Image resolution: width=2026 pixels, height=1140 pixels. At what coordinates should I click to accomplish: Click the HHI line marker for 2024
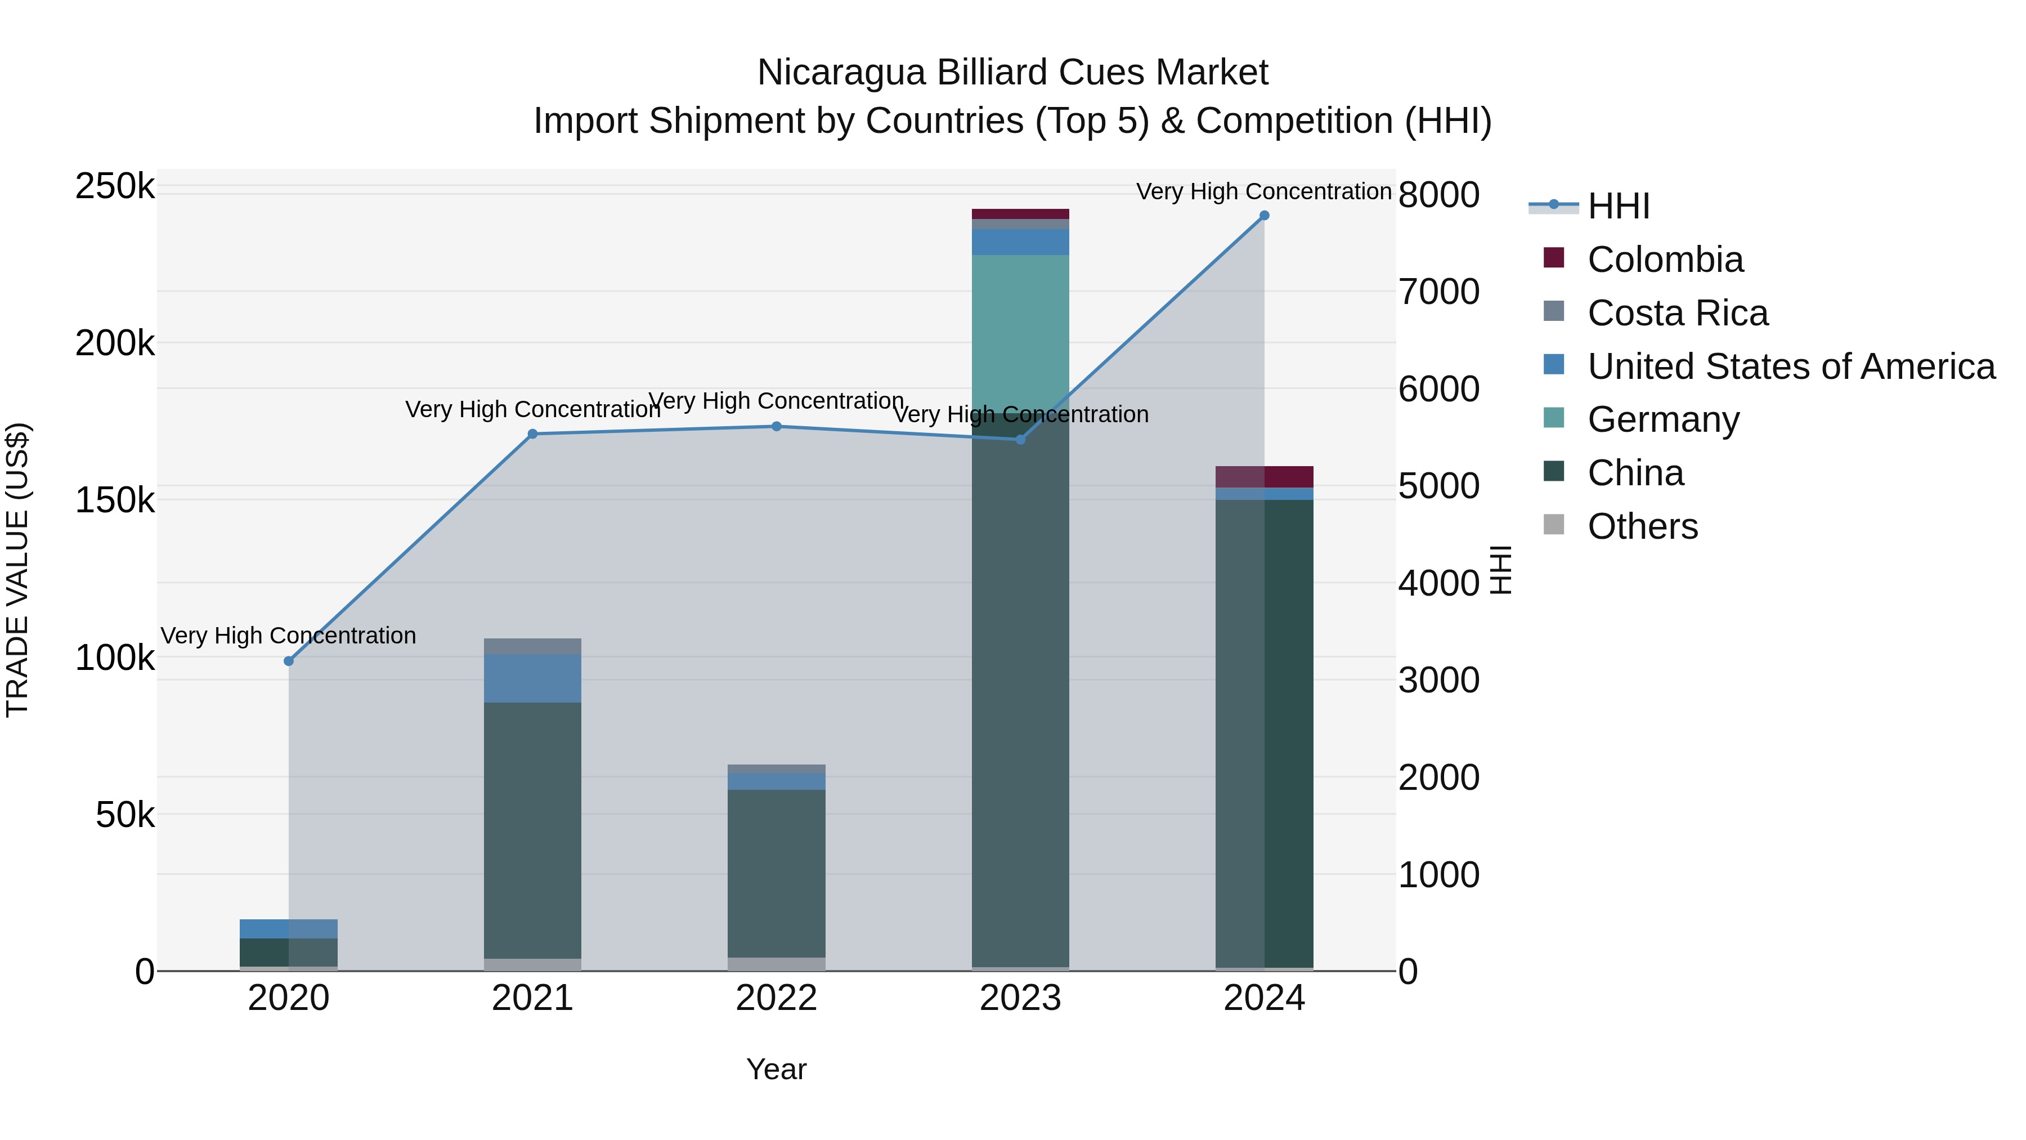click(x=1264, y=216)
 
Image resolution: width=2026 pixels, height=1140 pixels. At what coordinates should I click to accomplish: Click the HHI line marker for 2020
click(x=289, y=661)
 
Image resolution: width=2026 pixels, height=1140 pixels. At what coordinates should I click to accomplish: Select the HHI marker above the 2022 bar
click(x=776, y=426)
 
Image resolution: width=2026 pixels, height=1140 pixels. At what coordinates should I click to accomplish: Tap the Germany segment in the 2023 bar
click(x=1020, y=330)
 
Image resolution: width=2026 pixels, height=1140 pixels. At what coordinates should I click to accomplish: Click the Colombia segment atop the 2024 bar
click(x=1265, y=477)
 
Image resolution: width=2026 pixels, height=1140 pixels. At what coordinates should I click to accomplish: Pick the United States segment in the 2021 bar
click(x=532, y=678)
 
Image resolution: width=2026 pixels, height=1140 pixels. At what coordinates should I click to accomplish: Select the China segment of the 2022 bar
click(x=776, y=873)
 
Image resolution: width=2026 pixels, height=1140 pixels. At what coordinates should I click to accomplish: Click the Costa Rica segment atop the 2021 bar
click(x=532, y=646)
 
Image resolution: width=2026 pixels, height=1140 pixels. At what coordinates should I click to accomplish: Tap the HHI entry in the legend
click(x=1618, y=206)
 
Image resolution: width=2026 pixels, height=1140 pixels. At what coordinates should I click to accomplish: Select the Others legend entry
click(x=1642, y=526)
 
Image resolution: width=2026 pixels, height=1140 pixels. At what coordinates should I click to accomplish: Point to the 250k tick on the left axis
click(x=115, y=187)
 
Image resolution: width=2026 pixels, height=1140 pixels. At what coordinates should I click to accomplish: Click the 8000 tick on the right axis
click(x=1438, y=195)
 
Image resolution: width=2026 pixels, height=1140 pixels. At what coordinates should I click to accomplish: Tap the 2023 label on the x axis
click(x=1020, y=998)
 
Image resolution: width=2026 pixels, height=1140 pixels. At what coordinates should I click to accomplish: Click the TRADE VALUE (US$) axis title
click(x=17, y=570)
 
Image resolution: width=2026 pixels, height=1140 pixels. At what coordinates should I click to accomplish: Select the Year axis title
click(x=776, y=1069)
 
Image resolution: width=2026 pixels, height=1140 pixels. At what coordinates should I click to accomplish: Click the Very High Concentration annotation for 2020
click(x=289, y=636)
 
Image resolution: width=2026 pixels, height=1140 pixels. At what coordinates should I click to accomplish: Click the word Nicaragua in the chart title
click(x=841, y=73)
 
